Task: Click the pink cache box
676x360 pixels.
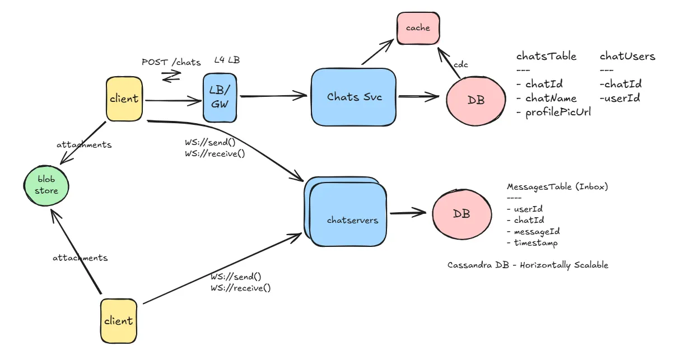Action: point(418,27)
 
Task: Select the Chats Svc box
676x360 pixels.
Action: point(354,97)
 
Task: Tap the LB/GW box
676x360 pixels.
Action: point(220,97)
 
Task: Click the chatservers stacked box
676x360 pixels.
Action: point(347,216)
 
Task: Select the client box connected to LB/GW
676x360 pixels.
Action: point(124,99)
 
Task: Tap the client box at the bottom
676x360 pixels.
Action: point(119,321)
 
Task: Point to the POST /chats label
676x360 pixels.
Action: point(171,62)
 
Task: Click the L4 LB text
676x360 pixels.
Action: point(227,59)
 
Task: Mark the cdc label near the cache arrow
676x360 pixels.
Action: point(460,64)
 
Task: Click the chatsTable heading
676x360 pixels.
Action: point(546,56)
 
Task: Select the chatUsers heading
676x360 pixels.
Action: point(627,56)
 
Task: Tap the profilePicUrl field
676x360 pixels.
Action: point(558,112)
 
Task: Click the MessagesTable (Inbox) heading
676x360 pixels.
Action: point(557,186)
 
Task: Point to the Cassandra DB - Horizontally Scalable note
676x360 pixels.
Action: point(528,265)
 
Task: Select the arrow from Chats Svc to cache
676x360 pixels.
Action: point(378,53)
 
